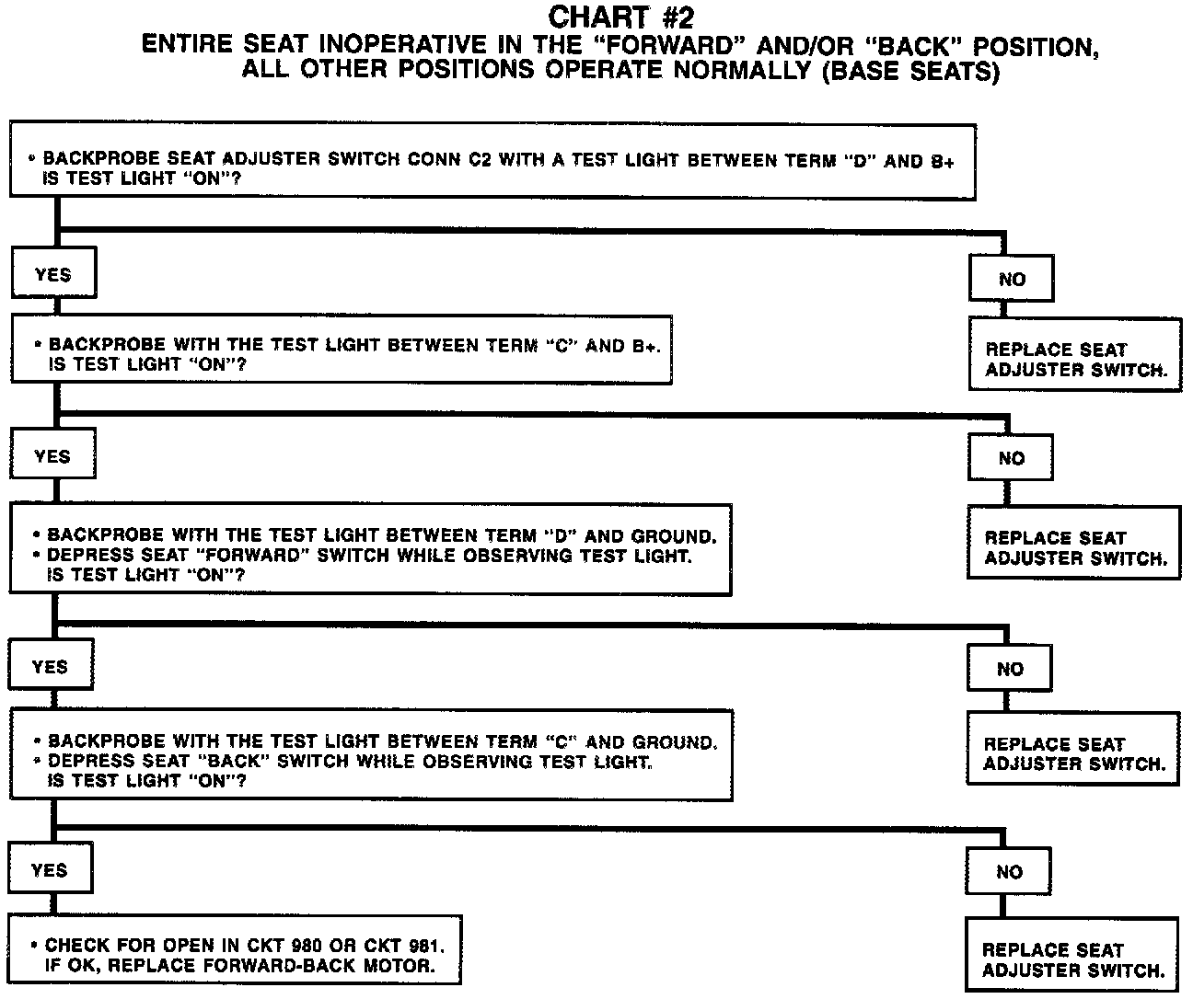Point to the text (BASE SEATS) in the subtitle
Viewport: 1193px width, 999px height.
pos(909,71)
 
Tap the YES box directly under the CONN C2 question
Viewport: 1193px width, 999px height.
pos(52,274)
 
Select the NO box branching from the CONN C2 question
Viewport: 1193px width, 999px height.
pos(1011,279)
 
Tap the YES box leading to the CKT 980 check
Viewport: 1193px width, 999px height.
pos(50,870)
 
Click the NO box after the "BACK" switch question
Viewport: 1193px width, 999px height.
pos(1009,872)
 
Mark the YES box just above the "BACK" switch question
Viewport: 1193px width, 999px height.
pos(50,667)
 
